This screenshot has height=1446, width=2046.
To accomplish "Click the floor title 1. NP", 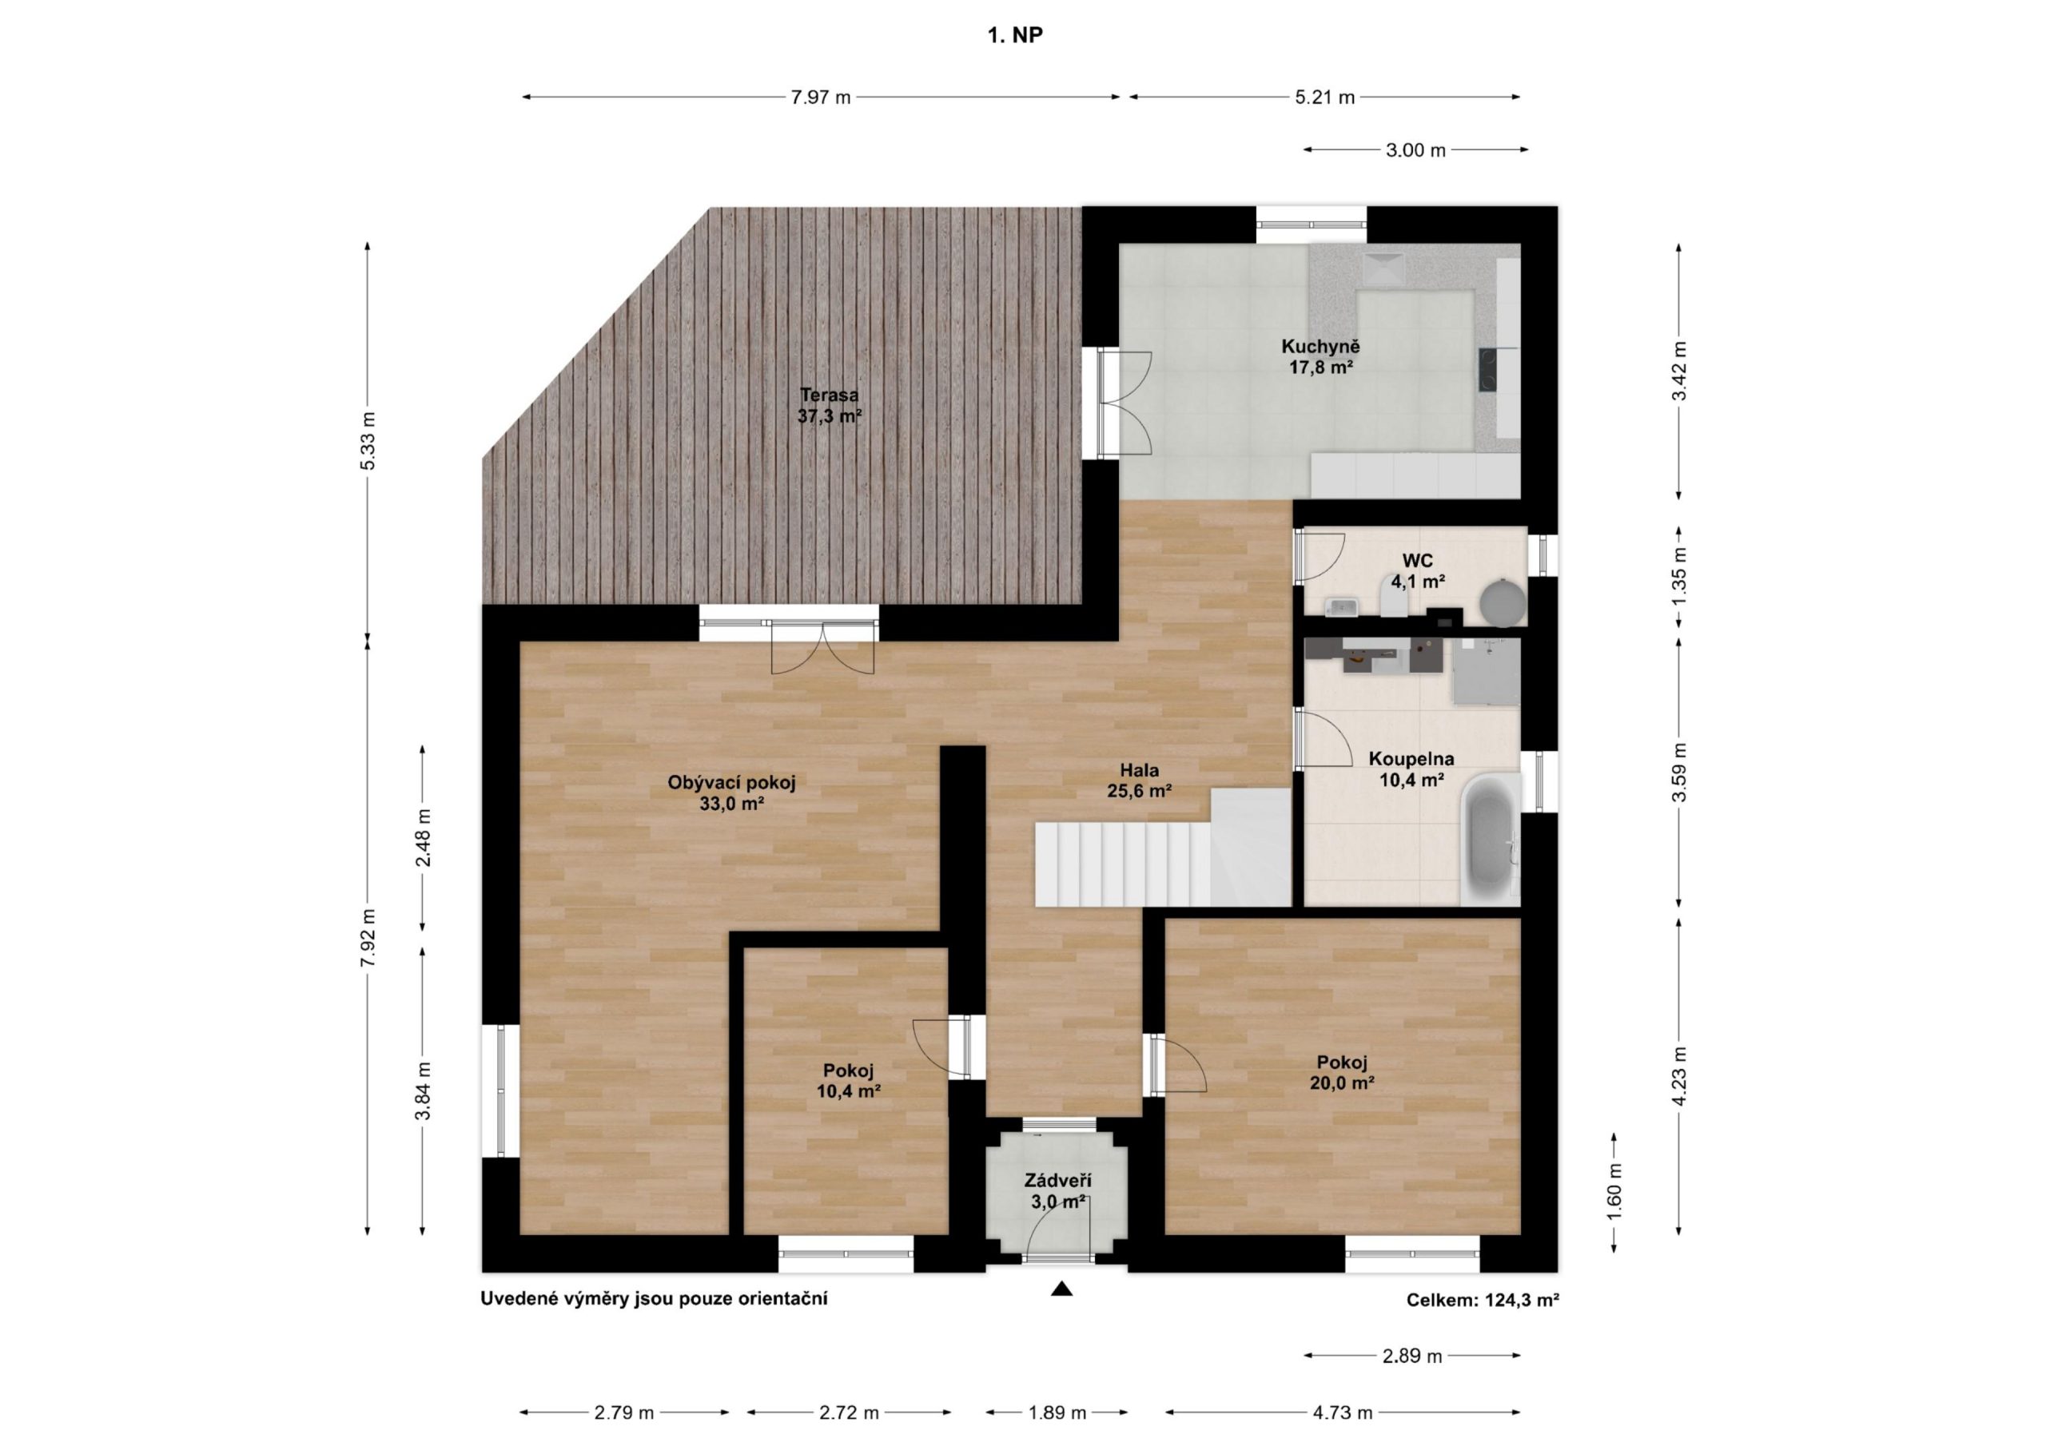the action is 1015,36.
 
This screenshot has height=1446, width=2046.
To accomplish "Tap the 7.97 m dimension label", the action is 821,97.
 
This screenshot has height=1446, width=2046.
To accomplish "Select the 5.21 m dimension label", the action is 1325,97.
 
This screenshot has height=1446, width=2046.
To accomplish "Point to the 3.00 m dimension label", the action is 1416,150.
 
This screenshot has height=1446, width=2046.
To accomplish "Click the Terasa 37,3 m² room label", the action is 830,405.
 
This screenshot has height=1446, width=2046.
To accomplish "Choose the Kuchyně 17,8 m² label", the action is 1322,356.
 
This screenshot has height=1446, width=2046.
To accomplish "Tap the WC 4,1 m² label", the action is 1417,571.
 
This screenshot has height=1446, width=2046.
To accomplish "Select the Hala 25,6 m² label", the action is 1140,781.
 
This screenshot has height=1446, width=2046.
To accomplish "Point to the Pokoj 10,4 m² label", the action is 848,1081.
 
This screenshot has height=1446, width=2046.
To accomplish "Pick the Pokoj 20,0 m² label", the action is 1342,1073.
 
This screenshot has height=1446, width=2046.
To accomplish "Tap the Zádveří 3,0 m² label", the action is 1057,1191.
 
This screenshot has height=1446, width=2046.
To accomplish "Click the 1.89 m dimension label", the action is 1057,1413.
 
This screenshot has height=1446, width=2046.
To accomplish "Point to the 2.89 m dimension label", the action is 1412,1357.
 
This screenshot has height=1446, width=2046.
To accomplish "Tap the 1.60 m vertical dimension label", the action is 1614,1193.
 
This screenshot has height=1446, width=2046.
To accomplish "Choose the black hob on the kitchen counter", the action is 1488,370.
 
